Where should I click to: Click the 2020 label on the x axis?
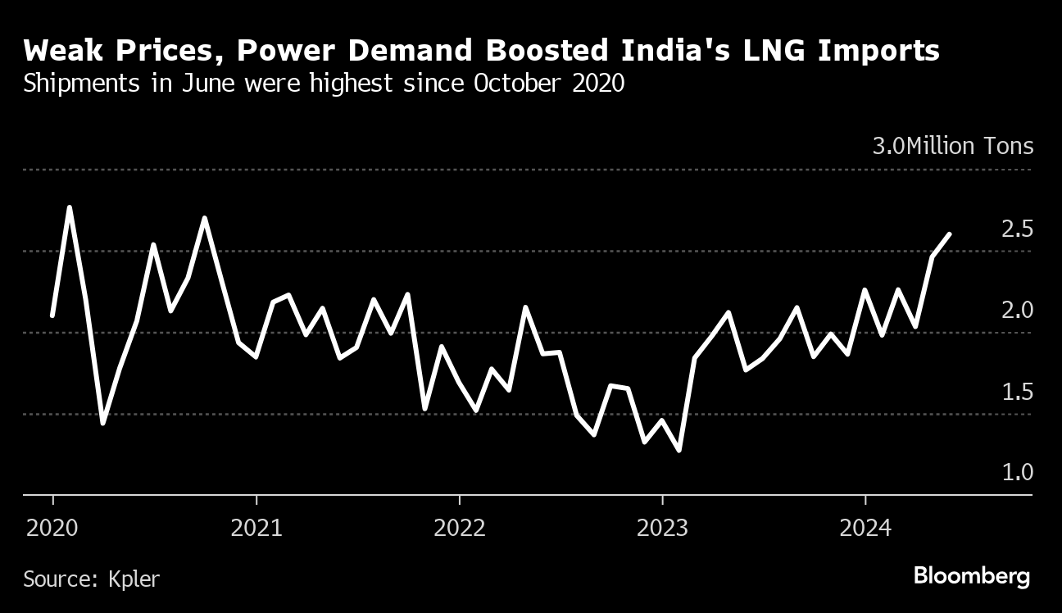coord(52,527)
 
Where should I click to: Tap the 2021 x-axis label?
coord(256,527)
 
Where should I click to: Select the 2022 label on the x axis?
coord(460,527)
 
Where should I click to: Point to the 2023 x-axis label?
coord(662,527)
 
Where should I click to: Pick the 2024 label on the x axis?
coord(865,527)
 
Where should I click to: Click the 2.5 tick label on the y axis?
coord(1017,229)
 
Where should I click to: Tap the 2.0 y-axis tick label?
coord(1017,311)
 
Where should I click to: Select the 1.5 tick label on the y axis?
coord(1017,393)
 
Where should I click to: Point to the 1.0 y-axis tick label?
coord(1017,473)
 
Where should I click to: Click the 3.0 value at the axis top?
coord(888,147)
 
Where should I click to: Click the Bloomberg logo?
coord(972,575)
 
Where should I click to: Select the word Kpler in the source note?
coord(134,579)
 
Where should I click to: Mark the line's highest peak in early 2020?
coord(70,207)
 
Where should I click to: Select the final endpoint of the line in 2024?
coord(949,234)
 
